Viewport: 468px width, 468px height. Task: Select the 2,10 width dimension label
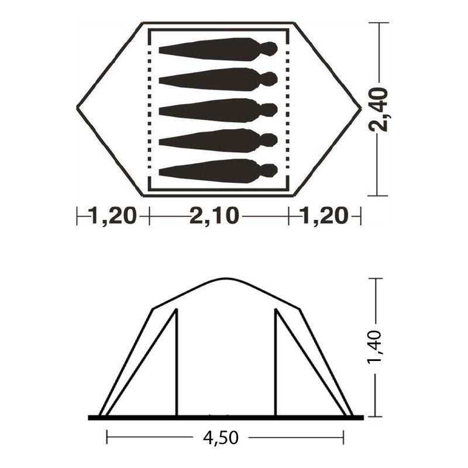[x=215, y=216]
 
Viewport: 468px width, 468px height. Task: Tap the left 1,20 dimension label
[x=113, y=216]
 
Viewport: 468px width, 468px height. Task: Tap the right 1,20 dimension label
[x=324, y=216]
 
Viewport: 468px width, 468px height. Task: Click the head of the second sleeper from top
[x=268, y=79]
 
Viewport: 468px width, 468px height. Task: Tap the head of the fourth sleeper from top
[x=268, y=140]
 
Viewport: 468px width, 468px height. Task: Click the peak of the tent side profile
[x=225, y=279]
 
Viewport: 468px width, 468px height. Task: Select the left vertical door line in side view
[x=177, y=363]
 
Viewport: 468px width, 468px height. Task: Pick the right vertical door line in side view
[x=276, y=363]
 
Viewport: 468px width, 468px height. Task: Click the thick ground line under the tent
[x=225, y=417]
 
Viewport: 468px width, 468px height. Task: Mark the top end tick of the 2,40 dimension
[x=378, y=23]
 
